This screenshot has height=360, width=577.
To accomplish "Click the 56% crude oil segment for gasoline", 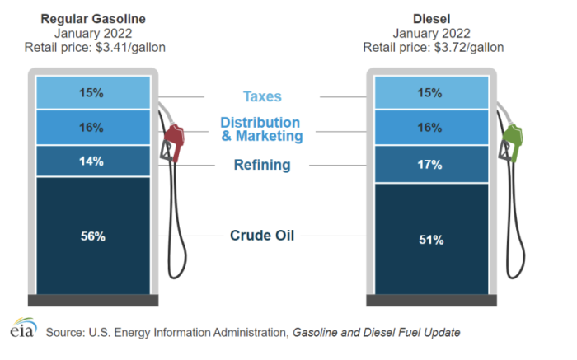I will point(92,236).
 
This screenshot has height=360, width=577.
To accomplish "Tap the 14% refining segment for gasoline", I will point(92,161).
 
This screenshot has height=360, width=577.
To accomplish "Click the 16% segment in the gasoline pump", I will point(92,128).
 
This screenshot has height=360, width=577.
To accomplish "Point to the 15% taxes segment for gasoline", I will point(92,93).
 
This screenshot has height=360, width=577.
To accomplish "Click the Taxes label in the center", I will point(262,97).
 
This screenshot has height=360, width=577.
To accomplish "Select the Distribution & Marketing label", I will point(262,129).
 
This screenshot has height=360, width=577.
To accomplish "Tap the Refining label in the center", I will point(262,165).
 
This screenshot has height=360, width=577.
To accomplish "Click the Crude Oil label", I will point(262,236).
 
